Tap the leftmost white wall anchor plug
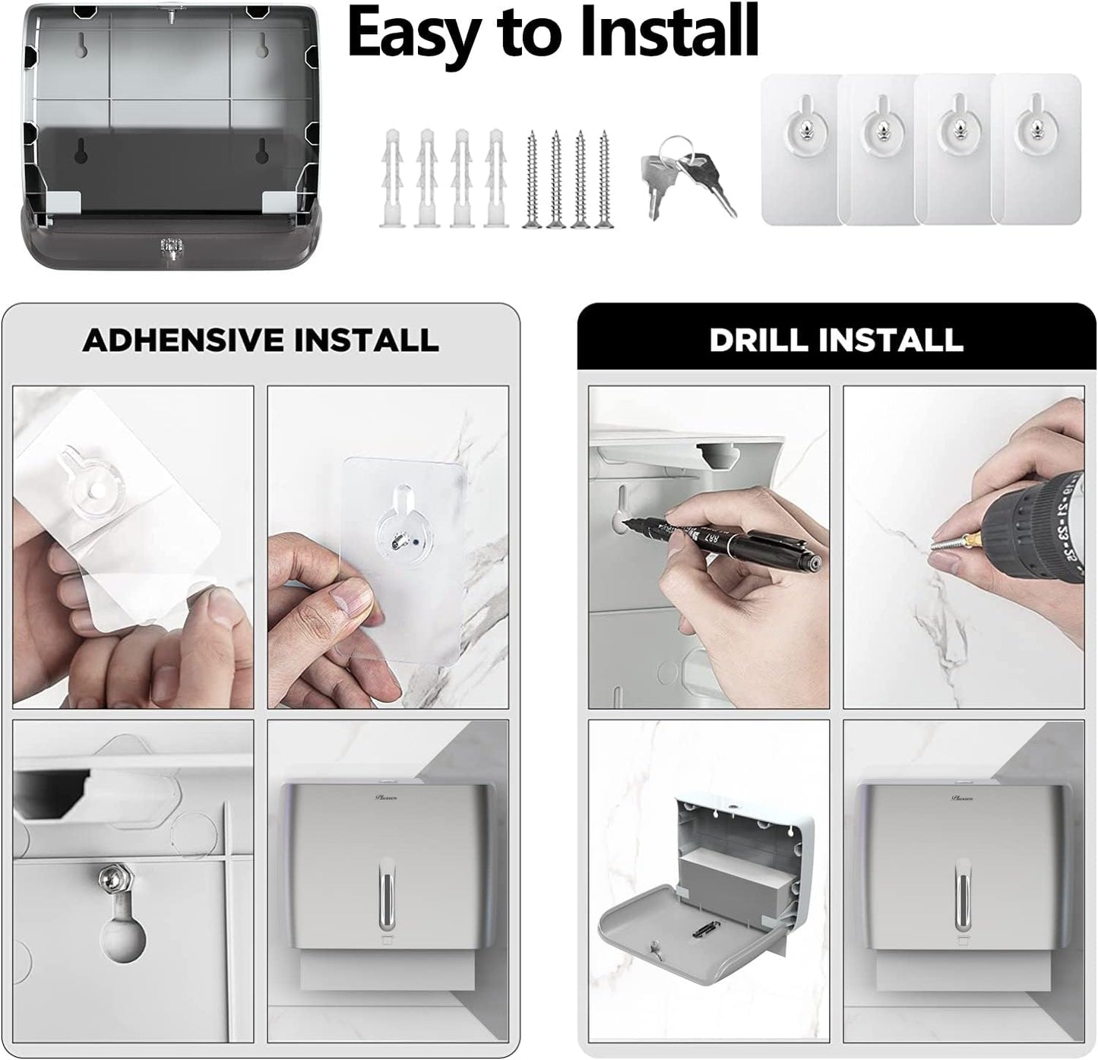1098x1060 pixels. [391, 179]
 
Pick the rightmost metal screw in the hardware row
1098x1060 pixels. [604, 179]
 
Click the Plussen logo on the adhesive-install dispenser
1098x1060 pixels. [385, 797]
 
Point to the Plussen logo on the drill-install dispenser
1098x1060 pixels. [962, 797]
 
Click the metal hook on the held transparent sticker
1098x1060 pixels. [396, 539]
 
